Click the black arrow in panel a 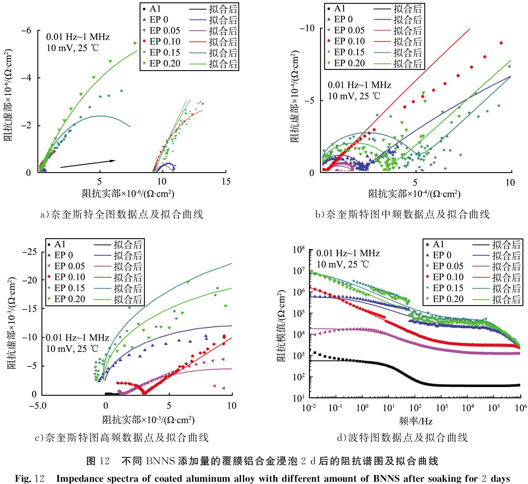88,164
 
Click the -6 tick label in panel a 26,30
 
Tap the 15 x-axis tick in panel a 226,181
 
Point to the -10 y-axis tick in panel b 307,28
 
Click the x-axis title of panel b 414,194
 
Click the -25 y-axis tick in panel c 29,252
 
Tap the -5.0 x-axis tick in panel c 38,406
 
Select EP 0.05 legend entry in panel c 70,266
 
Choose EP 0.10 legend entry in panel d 448,277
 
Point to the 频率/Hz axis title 416,421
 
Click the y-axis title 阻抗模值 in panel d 281,326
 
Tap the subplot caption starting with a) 121,215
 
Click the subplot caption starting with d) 402,438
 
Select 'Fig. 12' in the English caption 29,479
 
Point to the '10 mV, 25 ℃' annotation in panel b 354,96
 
